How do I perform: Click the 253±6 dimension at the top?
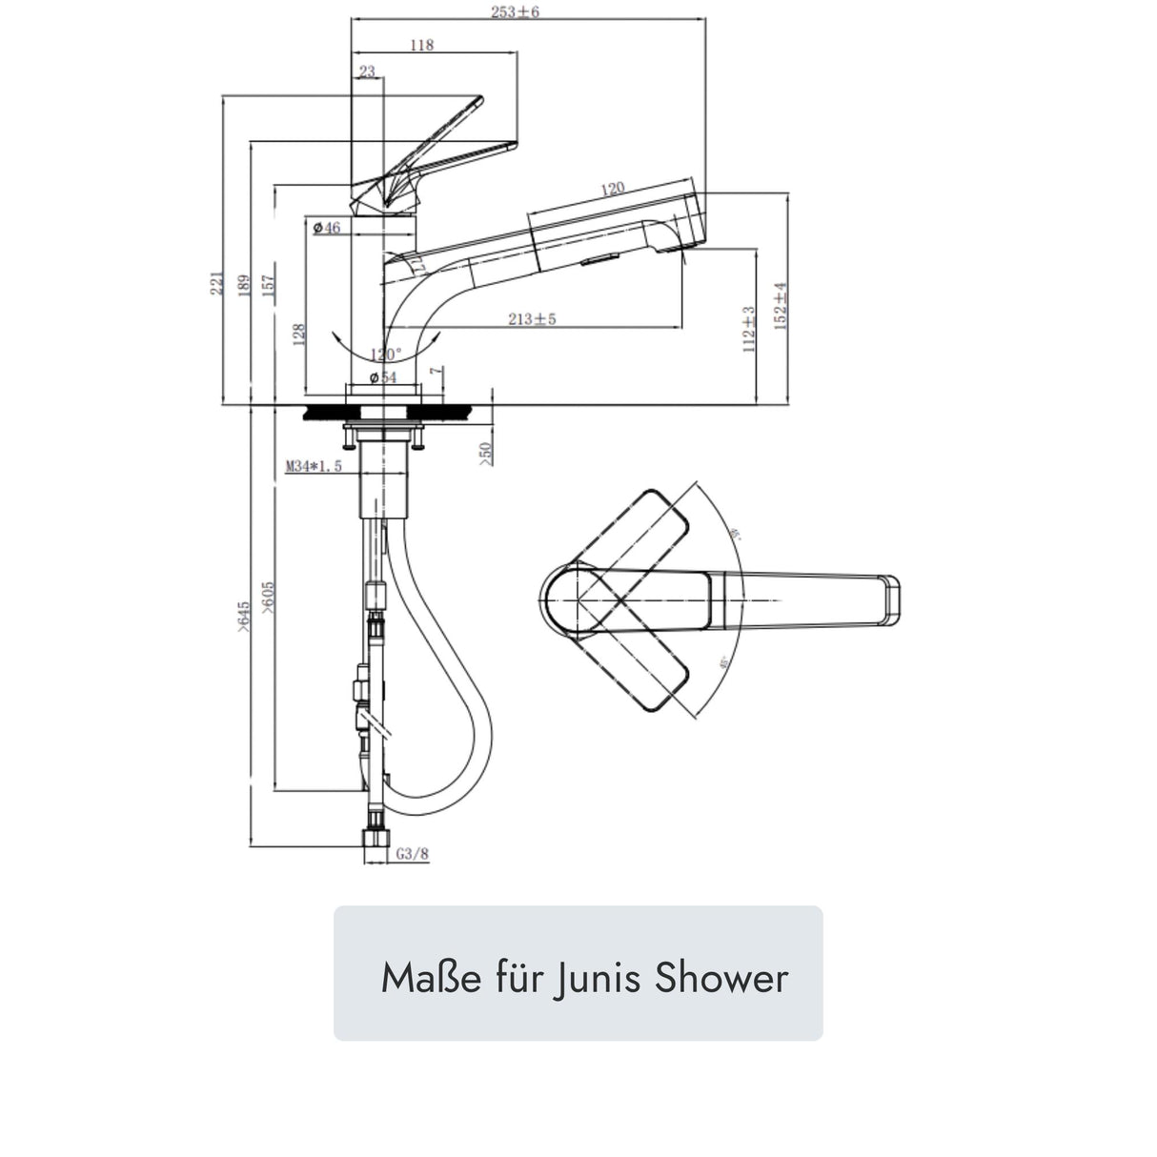point(522,12)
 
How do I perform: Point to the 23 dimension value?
point(368,71)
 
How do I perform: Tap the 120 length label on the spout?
point(612,189)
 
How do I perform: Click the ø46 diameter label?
point(327,228)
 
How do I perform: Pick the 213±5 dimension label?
point(532,319)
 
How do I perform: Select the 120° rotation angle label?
point(386,354)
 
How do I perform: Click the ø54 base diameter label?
point(382,378)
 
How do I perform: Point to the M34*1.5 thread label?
point(314,467)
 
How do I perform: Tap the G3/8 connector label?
point(412,854)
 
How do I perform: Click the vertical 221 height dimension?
point(216,282)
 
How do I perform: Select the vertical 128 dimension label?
point(299,333)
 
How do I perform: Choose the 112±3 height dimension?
point(748,330)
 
